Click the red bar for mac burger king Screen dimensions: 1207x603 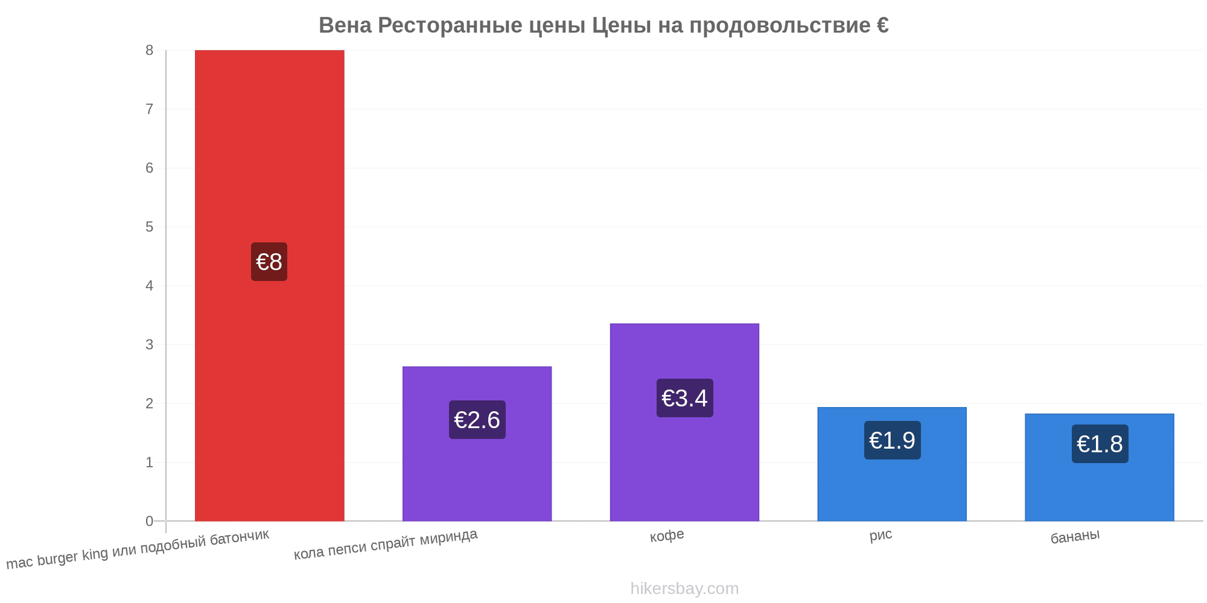(x=269, y=285)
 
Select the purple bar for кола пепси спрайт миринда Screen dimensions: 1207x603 (x=477, y=444)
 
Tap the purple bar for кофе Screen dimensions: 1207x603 (x=684, y=422)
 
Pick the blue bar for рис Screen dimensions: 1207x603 (x=892, y=464)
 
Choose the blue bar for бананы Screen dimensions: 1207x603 (x=1100, y=467)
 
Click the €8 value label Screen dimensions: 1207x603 (x=269, y=262)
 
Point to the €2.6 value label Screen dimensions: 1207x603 (x=477, y=420)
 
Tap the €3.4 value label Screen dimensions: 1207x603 (x=685, y=398)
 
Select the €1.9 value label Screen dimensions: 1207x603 (x=893, y=440)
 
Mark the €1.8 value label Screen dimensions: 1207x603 (x=1100, y=444)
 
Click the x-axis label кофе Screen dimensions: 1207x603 (x=667, y=535)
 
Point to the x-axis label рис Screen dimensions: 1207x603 (x=881, y=535)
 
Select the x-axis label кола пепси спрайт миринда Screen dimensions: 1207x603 (x=386, y=544)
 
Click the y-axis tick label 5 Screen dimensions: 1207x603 (x=150, y=227)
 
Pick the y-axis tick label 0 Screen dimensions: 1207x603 (x=150, y=521)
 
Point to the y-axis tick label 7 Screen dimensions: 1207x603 (x=150, y=109)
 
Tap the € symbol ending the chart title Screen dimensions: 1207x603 (x=882, y=25)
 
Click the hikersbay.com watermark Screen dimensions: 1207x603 (x=684, y=589)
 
